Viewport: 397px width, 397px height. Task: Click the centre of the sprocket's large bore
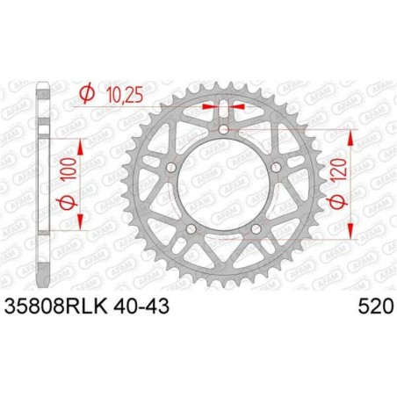pos(223,187)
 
